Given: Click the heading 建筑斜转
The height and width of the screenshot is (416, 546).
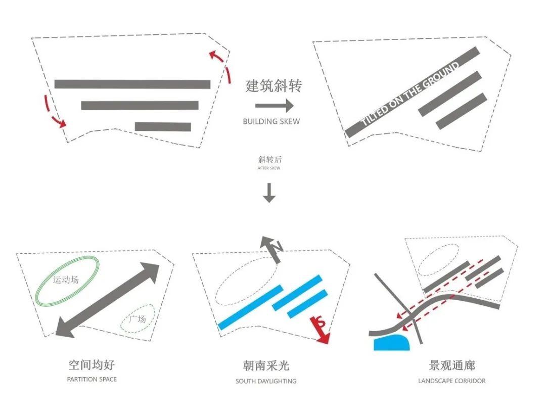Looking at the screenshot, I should (x=273, y=86).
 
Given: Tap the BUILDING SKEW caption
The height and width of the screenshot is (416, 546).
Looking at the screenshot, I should (x=271, y=122).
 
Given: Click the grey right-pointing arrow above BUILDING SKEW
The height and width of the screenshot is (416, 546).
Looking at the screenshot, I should (x=274, y=106).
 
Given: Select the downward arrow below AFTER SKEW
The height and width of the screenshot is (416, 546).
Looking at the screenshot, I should (x=269, y=193).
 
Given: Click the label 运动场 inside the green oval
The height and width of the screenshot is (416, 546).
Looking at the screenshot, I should (x=66, y=279).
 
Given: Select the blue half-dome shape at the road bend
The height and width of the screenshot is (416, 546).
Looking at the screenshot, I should (x=392, y=343).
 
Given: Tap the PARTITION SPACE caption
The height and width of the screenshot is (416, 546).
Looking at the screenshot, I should (x=92, y=379).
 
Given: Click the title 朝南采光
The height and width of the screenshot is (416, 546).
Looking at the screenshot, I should (x=266, y=366).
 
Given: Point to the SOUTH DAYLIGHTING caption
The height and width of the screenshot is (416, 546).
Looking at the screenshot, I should (x=266, y=381).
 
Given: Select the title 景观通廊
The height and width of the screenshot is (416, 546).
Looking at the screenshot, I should (x=451, y=366).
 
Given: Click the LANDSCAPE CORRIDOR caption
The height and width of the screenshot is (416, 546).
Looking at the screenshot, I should (x=451, y=381).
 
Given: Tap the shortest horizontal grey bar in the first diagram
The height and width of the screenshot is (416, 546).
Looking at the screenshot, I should (x=163, y=127).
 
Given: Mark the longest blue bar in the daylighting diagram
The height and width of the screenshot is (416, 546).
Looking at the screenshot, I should (x=250, y=307).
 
